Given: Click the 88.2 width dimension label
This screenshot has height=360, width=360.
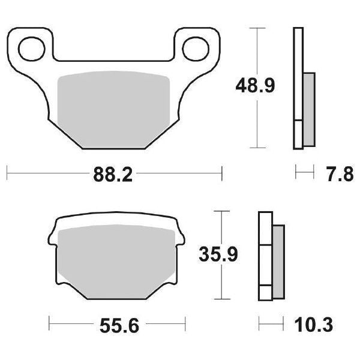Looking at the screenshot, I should [113, 175].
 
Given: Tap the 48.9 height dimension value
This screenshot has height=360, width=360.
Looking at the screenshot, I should [254, 86].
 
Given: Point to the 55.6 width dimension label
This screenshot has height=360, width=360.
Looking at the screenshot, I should [116, 327].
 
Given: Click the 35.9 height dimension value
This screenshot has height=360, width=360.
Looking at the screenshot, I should [219, 256].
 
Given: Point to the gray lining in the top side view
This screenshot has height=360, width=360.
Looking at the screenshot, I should [308, 108].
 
